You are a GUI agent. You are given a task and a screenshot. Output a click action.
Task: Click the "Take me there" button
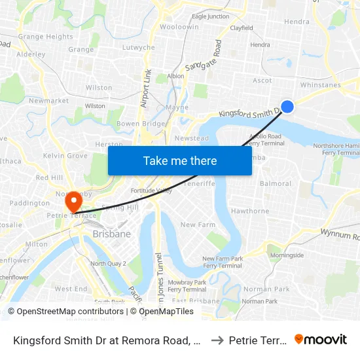180,160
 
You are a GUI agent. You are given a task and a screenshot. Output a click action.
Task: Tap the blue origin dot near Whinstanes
287,106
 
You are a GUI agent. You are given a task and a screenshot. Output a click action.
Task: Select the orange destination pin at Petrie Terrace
73,200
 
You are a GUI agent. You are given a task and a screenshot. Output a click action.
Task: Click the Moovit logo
320,339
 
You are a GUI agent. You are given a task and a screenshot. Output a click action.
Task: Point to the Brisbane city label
111,234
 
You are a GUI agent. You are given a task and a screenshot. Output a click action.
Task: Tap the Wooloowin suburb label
179,27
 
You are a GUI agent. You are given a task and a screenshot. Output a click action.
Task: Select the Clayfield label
242,28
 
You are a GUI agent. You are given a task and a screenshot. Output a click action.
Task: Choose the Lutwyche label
139,48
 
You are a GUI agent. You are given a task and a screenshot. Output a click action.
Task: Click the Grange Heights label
46,37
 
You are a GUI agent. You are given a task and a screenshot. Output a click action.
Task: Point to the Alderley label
31,55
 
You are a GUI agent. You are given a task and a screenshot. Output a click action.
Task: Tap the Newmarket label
48,101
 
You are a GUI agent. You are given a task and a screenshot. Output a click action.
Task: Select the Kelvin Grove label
65,156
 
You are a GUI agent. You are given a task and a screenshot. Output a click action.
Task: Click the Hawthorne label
250,211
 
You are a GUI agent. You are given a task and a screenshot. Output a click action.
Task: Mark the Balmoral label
275,184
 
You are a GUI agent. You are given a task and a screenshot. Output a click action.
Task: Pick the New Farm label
198,225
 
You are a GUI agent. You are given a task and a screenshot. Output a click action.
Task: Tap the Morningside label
287,255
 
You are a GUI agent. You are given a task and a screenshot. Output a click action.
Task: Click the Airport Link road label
146,88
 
